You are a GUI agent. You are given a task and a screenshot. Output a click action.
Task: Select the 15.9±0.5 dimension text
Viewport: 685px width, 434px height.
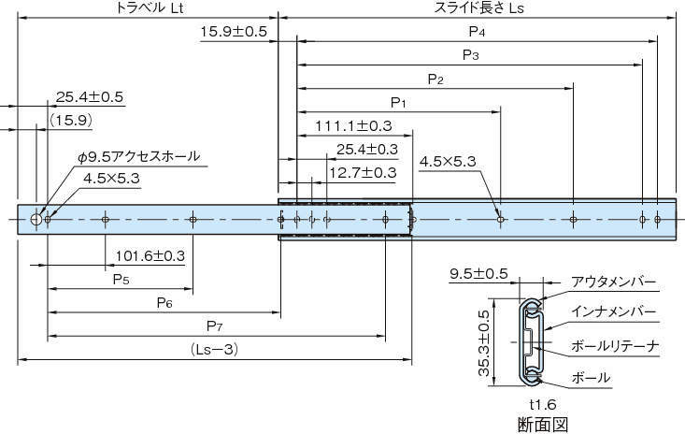(234, 32)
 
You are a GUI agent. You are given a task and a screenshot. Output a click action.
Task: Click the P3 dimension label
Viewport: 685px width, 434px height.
(471, 55)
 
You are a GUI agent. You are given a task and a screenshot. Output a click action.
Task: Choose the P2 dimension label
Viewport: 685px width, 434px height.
(435, 79)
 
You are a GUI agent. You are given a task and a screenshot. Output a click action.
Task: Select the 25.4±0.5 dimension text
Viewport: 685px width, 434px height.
(90, 96)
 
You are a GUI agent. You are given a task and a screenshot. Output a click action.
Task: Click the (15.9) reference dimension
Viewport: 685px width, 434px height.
(71, 120)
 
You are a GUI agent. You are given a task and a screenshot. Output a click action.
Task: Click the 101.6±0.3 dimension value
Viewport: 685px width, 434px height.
(150, 255)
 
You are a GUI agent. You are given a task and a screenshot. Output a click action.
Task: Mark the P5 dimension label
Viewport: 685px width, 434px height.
(121, 279)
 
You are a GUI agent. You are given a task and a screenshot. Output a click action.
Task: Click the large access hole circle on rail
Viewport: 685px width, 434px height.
(36, 219)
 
